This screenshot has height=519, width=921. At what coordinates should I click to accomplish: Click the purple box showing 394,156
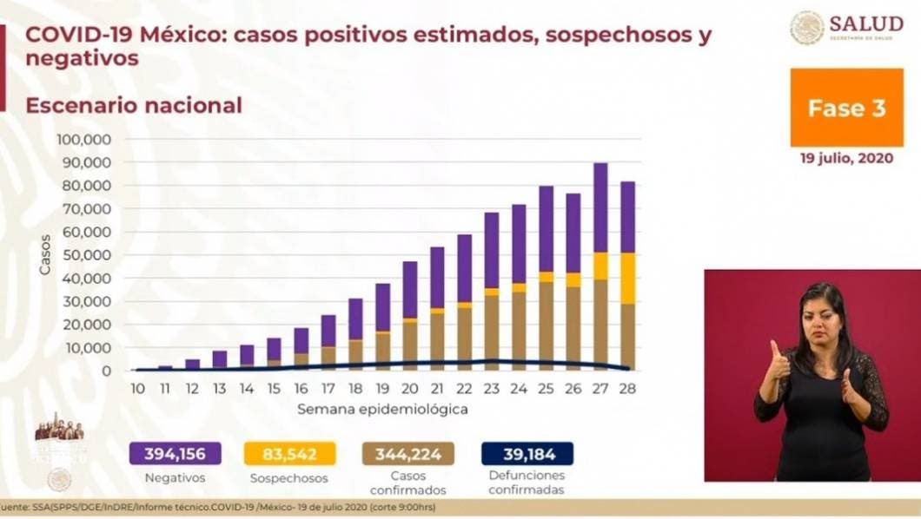(175, 453)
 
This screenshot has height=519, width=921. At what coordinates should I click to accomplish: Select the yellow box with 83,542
(289, 453)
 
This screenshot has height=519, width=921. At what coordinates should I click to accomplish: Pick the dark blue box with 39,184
(527, 453)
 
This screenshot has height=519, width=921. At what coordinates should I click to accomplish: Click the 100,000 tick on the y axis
(83, 139)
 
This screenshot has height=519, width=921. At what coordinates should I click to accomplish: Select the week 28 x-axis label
(626, 388)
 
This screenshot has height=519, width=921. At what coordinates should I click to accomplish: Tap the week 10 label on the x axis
(137, 388)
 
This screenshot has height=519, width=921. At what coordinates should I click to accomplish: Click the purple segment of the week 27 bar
(600, 207)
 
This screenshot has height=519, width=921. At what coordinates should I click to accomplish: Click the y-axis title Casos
(45, 255)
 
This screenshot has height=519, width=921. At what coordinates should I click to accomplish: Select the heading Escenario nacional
(133, 106)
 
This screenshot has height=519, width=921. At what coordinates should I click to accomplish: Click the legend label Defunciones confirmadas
(527, 483)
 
